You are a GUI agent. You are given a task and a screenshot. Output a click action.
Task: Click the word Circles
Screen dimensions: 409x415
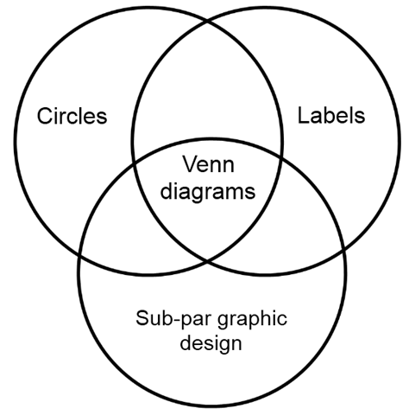(x=72, y=116)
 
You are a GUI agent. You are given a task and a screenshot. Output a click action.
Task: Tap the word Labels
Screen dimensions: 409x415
(x=331, y=116)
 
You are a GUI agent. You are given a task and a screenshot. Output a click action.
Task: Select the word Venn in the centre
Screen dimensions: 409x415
(x=209, y=164)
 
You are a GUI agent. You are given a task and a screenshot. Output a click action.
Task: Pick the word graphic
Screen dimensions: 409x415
(x=252, y=319)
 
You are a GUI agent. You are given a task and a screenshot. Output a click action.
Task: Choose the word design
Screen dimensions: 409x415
(x=211, y=344)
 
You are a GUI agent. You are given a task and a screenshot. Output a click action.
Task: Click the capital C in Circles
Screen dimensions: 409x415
(x=45, y=116)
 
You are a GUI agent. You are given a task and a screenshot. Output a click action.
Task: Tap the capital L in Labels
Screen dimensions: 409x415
(x=303, y=116)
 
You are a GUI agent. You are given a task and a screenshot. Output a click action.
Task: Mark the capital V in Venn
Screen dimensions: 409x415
(x=191, y=164)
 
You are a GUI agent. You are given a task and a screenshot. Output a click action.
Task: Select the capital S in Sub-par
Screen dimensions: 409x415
(x=142, y=318)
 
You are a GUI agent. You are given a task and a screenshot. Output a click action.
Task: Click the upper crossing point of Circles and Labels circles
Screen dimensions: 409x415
(x=207, y=21)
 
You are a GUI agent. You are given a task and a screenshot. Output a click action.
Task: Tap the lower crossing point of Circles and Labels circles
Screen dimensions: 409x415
(x=207, y=261)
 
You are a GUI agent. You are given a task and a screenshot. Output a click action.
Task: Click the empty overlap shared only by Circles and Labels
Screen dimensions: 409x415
(x=207, y=86)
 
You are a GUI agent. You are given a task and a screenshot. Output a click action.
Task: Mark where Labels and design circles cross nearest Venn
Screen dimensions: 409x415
(x=280, y=158)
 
